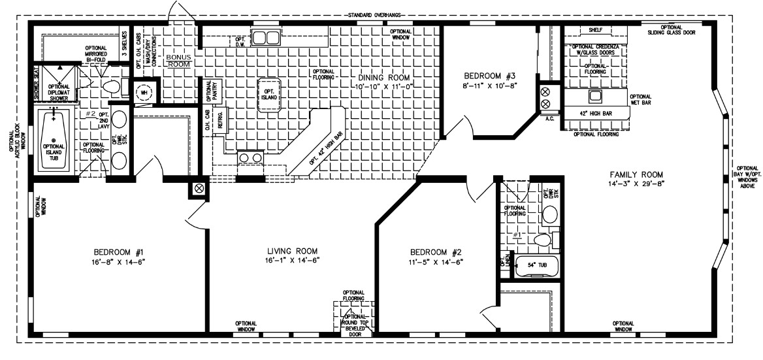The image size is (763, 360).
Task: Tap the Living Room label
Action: [x=293, y=251]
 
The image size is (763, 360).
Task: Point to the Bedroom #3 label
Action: [x=490, y=74]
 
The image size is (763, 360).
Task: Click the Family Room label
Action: [x=636, y=174]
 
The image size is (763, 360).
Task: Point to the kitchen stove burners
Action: [x=251, y=157]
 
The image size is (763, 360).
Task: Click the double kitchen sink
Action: [x=266, y=37]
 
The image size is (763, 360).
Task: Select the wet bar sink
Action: [x=594, y=97]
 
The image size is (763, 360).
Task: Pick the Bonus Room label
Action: [x=177, y=61]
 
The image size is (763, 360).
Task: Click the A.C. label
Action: [x=550, y=120]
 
